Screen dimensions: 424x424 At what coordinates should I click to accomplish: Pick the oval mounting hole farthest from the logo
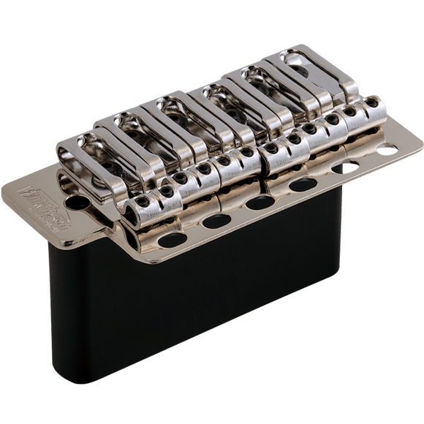pos(386,150)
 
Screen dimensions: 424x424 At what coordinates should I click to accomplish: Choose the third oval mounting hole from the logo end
pos(260,202)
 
